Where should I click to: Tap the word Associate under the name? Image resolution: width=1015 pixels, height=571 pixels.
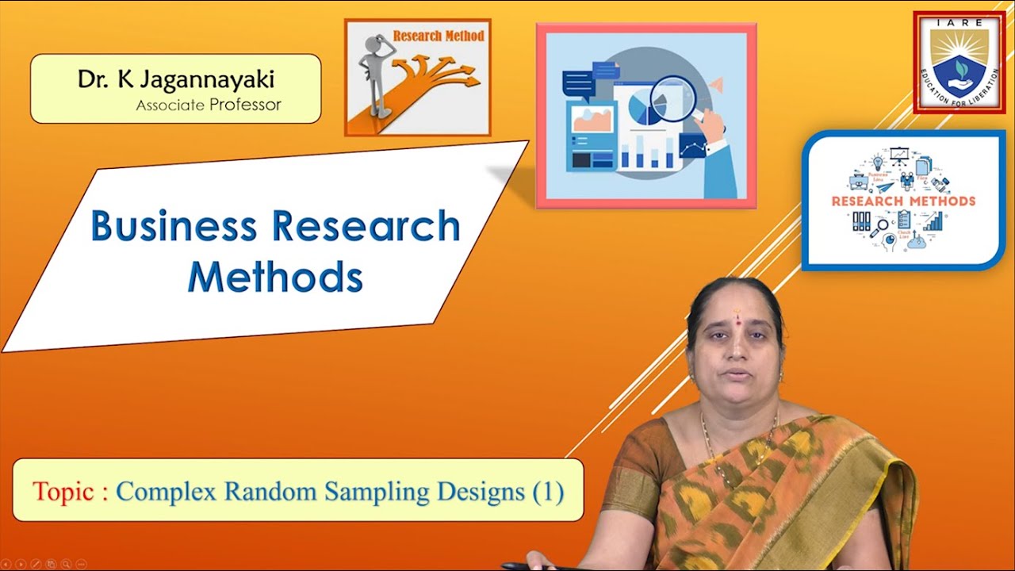(170, 105)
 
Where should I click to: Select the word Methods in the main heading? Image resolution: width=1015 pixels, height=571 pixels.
(274, 277)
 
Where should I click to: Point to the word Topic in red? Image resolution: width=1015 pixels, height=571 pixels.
(63, 492)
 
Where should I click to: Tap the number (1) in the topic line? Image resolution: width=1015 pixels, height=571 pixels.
(548, 492)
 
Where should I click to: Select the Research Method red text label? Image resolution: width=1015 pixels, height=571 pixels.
(439, 36)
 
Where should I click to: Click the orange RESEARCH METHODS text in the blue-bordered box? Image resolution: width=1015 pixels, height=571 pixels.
(903, 201)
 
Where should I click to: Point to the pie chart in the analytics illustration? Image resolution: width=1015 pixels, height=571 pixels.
(644, 109)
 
